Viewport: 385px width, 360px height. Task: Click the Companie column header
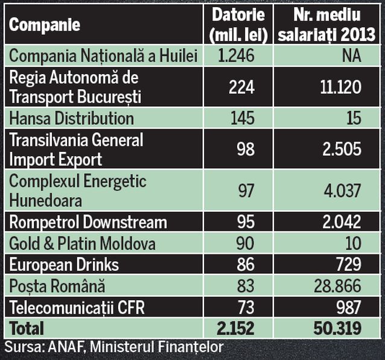[x=45, y=25]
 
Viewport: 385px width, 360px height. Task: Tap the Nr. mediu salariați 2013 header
[x=328, y=26]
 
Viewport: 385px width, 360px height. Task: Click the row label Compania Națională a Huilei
[x=104, y=57]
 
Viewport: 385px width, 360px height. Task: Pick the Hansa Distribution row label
[x=71, y=118]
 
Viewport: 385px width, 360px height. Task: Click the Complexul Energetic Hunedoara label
[x=78, y=190]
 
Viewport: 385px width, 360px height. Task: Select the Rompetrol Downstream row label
[x=87, y=222]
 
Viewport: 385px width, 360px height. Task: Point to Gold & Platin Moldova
[x=82, y=244]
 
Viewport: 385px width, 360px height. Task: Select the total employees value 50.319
[x=332, y=329]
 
